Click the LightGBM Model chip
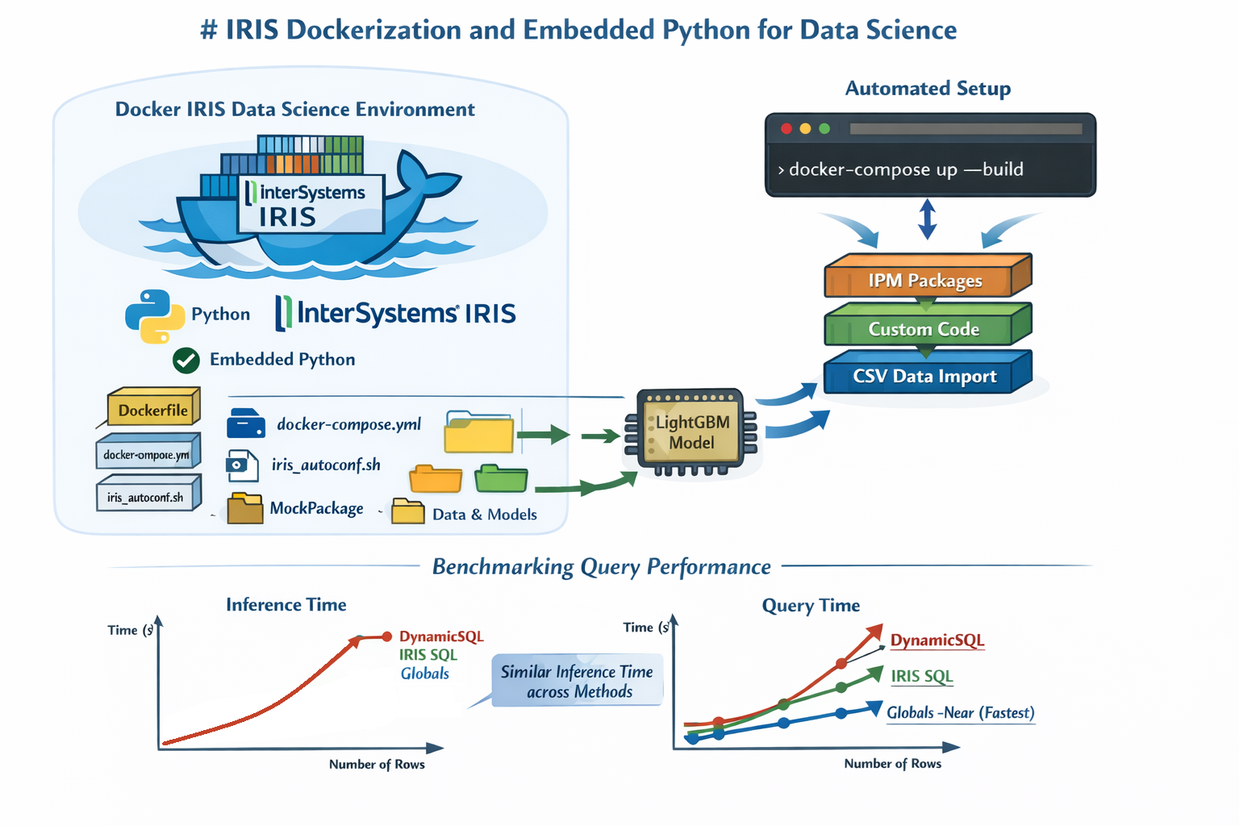(692, 432)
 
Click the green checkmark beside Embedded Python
(186, 360)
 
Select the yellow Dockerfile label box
(152, 410)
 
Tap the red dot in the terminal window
(786, 129)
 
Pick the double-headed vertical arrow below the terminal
(928, 219)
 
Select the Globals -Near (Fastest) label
(960, 713)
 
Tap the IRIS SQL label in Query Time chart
(921, 676)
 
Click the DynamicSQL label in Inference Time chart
(441, 636)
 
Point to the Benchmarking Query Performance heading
(601, 567)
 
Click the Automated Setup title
(928, 89)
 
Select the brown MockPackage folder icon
(245, 509)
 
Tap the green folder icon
(501, 478)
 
